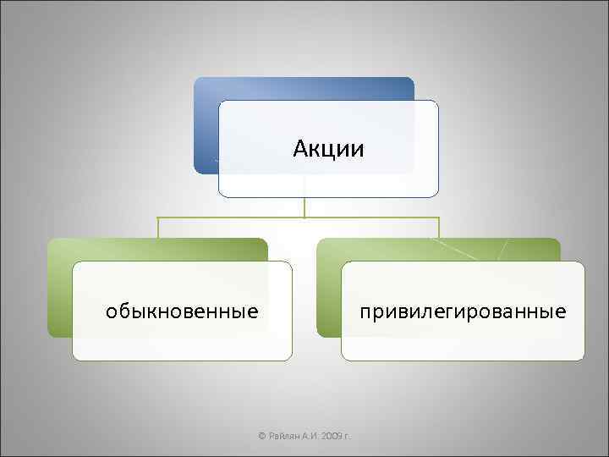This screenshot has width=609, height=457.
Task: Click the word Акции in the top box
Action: point(329,150)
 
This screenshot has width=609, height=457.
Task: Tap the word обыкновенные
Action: point(182,311)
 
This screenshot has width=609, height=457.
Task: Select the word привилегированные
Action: point(463,311)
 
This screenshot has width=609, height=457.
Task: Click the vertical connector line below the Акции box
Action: point(304,207)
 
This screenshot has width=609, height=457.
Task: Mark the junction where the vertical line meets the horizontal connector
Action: point(304,217)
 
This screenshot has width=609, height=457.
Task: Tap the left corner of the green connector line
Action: point(158,218)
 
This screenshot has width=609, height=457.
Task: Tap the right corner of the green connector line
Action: point(439,218)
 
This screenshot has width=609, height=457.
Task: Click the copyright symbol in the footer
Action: point(261,435)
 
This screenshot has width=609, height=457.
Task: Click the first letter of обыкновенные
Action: point(111,311)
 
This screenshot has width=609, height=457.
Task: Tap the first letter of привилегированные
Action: point(365,311)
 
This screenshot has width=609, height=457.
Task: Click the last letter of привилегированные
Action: point(561,311)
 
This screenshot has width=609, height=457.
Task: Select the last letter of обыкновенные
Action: point(254,311)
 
